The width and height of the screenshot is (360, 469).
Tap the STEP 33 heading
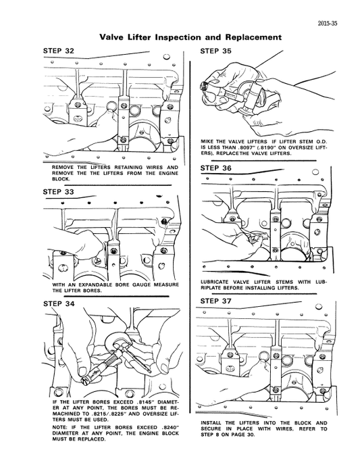pyautogui.click(x=58, y=192)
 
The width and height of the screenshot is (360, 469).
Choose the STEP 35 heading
pyautogui.click(x=216, y=51)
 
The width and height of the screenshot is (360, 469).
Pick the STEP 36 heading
pyautogui.click(x=216, y=168)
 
